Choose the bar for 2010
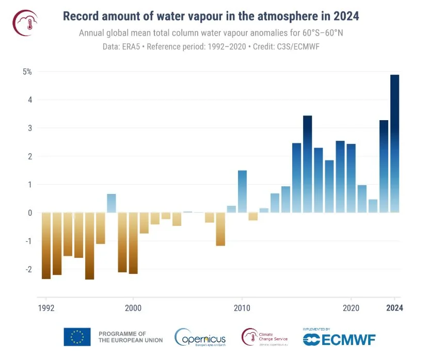242,191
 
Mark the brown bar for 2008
220,229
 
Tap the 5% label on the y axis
27,72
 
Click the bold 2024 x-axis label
394,308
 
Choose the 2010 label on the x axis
242,308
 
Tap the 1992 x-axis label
46,308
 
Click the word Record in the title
82,16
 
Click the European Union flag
77,337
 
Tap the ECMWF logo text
346,339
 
